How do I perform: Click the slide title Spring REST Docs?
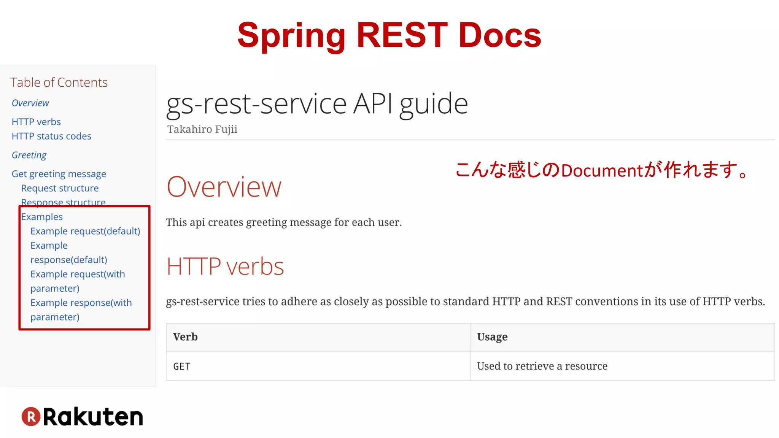pyautogui.click(x=389, y=35)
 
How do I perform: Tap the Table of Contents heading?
pyautogui.click(x=59, y=83)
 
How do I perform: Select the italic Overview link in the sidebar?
pyautogui.click(x=30, y=103)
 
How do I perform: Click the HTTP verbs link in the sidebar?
pyautogui.click(x=36, y=122)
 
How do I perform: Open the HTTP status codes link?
pyautogui.click(x=51, y=136)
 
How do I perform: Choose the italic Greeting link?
pyautogui.click(x=29, y=155)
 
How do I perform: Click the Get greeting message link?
pyautogui.click(x=59, y=174)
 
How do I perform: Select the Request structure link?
pyautogui.click(x=60, y=188)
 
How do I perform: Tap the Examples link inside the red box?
pyautogui.click(x=42, y=217)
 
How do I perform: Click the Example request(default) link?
pyautogui.click(x=85, y=231)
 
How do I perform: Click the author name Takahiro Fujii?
pyautogui.click(x=202, y=129)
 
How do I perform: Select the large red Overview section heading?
pyautogui.click(x=224, y=187)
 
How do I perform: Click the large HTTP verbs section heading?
pyautogui.click(x=225, y=266)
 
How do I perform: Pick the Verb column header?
pyautogui.click(x=185, y=337)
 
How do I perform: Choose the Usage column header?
pyautogui.click(x=492, y=337)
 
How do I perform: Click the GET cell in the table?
pyautogui.click(x=182, y=366)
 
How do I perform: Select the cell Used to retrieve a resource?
pyautogui.click(x=542, y=366)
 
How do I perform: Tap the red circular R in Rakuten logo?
pyautogui.click(x=31, y=416)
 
